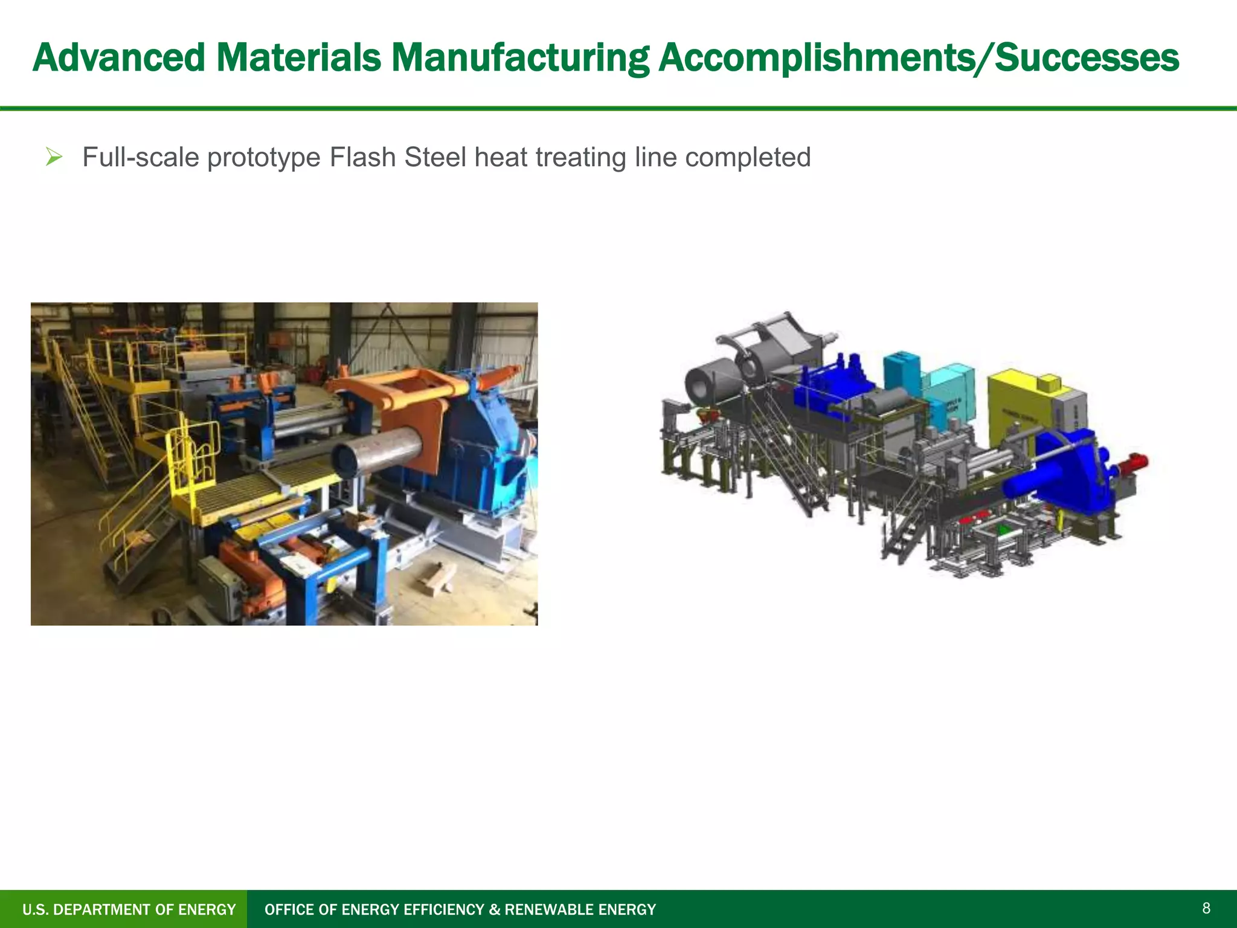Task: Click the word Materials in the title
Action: (x=298, y=58)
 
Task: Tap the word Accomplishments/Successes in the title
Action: (x=918, y=58)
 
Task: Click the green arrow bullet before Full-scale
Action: (x=54, y=158)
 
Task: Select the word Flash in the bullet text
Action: (x=362, y=158)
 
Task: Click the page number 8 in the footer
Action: (x=1206, y=908)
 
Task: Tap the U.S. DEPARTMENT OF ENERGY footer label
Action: (x=129, y=909)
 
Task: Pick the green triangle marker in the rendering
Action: (x=1003, y=530)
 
